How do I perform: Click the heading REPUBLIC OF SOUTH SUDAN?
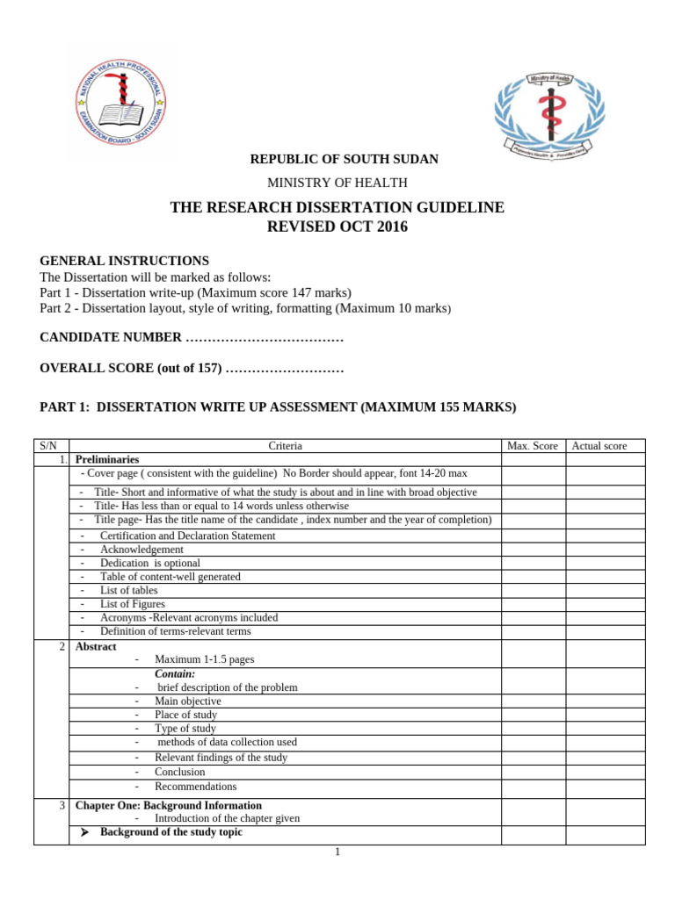tap(344, 159)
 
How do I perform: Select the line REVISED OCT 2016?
tap(337, 227)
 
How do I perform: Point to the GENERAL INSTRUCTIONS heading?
tap(125, 261)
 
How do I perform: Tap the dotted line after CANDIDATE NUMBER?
tap(265, 338)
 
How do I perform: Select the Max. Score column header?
tap(533, 446)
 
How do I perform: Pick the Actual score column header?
tap(599, 446)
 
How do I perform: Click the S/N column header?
tap(49, 446)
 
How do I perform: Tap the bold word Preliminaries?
tap(107, 459)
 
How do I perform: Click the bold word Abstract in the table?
tap(96, 647)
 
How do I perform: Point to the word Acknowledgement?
tap(142, 550)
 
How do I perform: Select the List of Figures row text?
tap(133, 604)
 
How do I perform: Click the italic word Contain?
tap(175, 673)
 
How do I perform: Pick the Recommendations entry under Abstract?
tap(196, 787)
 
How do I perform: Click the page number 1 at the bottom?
tap(337, 852)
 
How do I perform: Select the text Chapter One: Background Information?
tap(169, 805)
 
